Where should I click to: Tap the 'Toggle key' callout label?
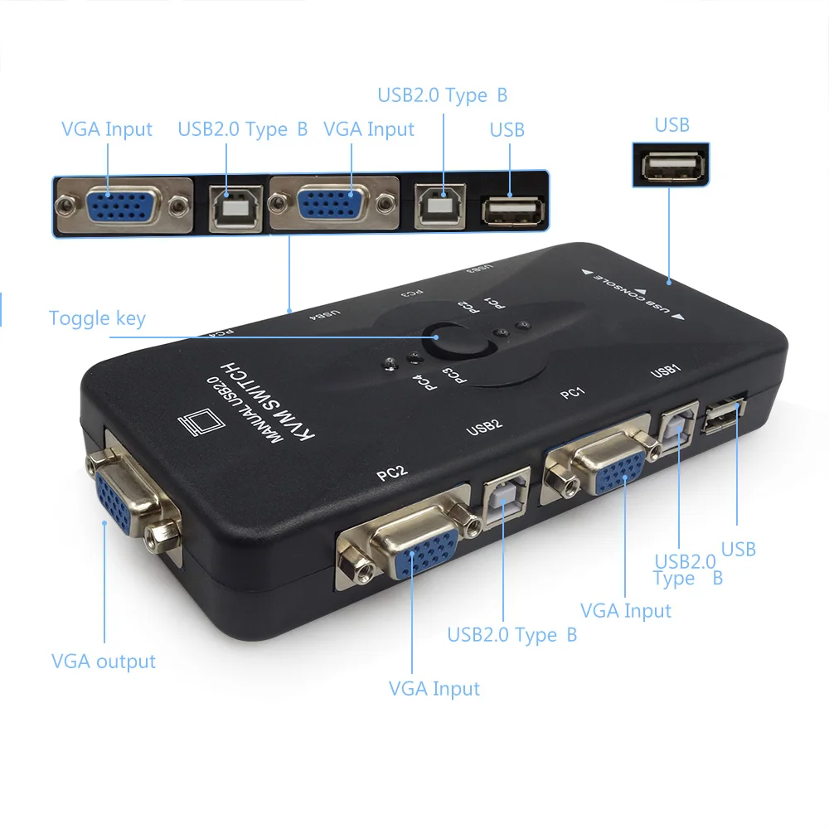97,318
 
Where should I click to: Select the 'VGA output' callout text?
104,662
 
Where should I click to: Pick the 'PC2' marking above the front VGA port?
391,474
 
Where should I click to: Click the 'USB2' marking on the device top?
484,427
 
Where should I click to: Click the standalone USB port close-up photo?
671,166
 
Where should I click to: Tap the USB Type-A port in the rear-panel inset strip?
512,210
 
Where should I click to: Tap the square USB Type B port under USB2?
501,500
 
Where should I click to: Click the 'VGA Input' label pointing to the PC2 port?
434,689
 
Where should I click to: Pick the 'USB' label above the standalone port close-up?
671,125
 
